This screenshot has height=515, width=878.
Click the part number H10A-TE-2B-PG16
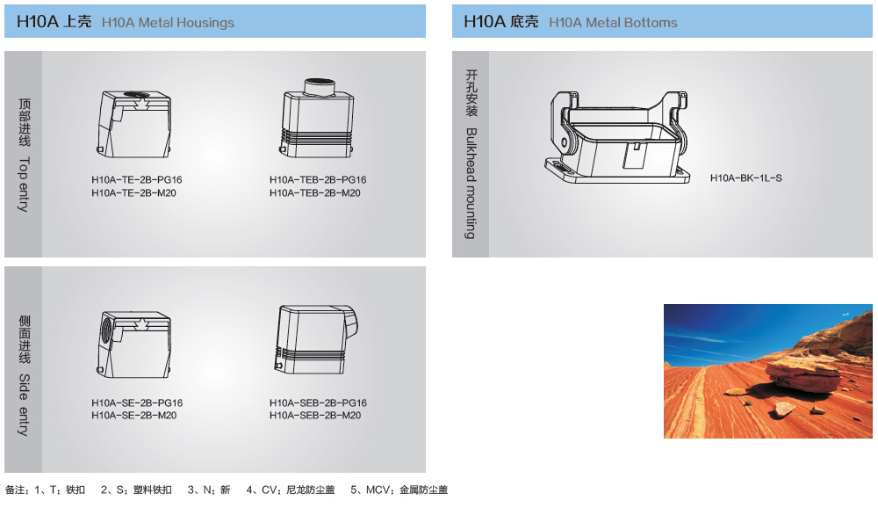[137, 180]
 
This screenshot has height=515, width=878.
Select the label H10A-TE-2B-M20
[133, 193]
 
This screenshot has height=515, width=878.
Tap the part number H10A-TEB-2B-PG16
[318, 180]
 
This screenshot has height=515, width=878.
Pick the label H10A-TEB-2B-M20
[314, 193]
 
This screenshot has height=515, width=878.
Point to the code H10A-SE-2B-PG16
[137, 403]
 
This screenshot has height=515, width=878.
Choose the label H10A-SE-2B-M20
[133, 416]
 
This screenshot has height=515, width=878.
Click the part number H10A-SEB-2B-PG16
[318, 403]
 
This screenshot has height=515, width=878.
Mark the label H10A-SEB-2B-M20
[315, 416]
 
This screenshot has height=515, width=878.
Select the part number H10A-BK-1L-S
[745, 178]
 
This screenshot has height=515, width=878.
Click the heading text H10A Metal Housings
[168, 23]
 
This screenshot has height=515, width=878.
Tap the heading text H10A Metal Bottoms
[613, 23]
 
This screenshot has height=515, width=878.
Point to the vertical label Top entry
[24, 185]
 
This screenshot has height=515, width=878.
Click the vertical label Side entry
[24, 404]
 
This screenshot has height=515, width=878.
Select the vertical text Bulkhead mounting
[471, 184]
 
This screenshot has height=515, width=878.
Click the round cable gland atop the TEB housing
[320, 87]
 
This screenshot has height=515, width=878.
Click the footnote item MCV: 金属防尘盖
[399, 490]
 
